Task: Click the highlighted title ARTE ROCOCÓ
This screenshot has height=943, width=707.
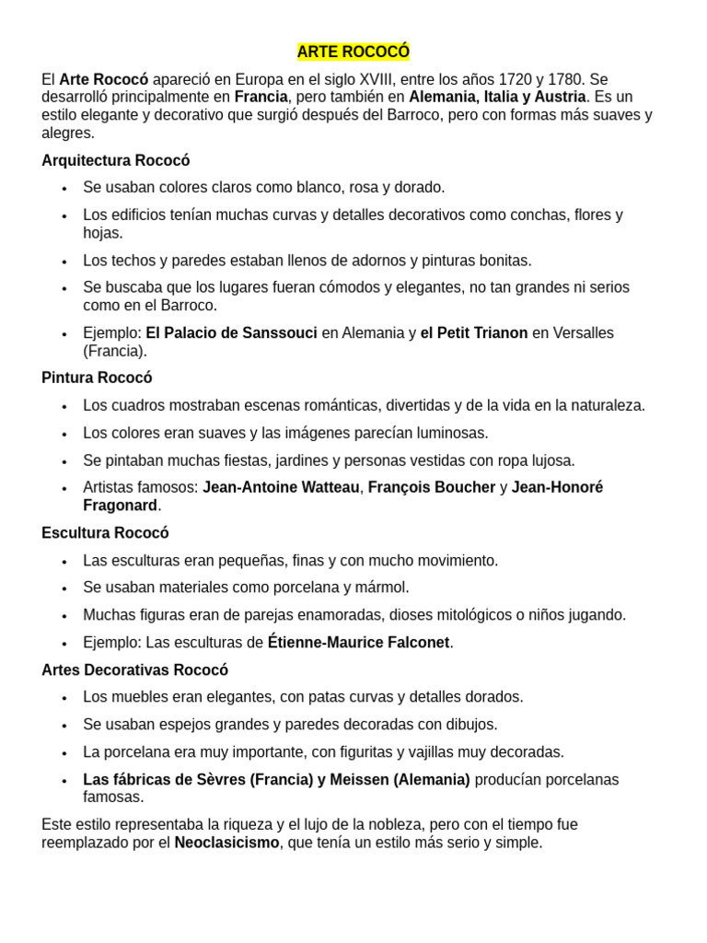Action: coord(353,52)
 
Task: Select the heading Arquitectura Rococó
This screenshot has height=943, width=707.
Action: coord(116,160)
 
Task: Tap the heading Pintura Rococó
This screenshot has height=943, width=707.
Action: coord(97,378)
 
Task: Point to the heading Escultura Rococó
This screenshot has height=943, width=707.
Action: coord(105,532)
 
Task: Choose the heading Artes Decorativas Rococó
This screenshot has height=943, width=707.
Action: coord(134,669)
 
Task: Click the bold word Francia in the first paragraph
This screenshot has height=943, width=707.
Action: coord(261,97)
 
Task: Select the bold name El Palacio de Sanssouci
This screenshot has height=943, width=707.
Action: coord(231,332)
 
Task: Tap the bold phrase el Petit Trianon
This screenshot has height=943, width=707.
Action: coord(474,332)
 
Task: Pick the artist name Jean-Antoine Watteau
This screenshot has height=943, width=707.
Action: coord(281,487)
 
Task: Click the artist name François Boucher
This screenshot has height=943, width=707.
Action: coord(432,487)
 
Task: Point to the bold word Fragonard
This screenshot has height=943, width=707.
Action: coord(120,505)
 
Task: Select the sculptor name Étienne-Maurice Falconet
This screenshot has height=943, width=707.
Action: coord(360,642)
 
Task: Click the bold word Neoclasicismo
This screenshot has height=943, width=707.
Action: coord(226,842)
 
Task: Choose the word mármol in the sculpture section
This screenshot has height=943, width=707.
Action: coord(386,587)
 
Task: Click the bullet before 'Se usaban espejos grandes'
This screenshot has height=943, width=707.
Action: coord(64,726)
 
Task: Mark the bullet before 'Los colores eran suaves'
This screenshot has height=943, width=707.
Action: coord(64,434)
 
